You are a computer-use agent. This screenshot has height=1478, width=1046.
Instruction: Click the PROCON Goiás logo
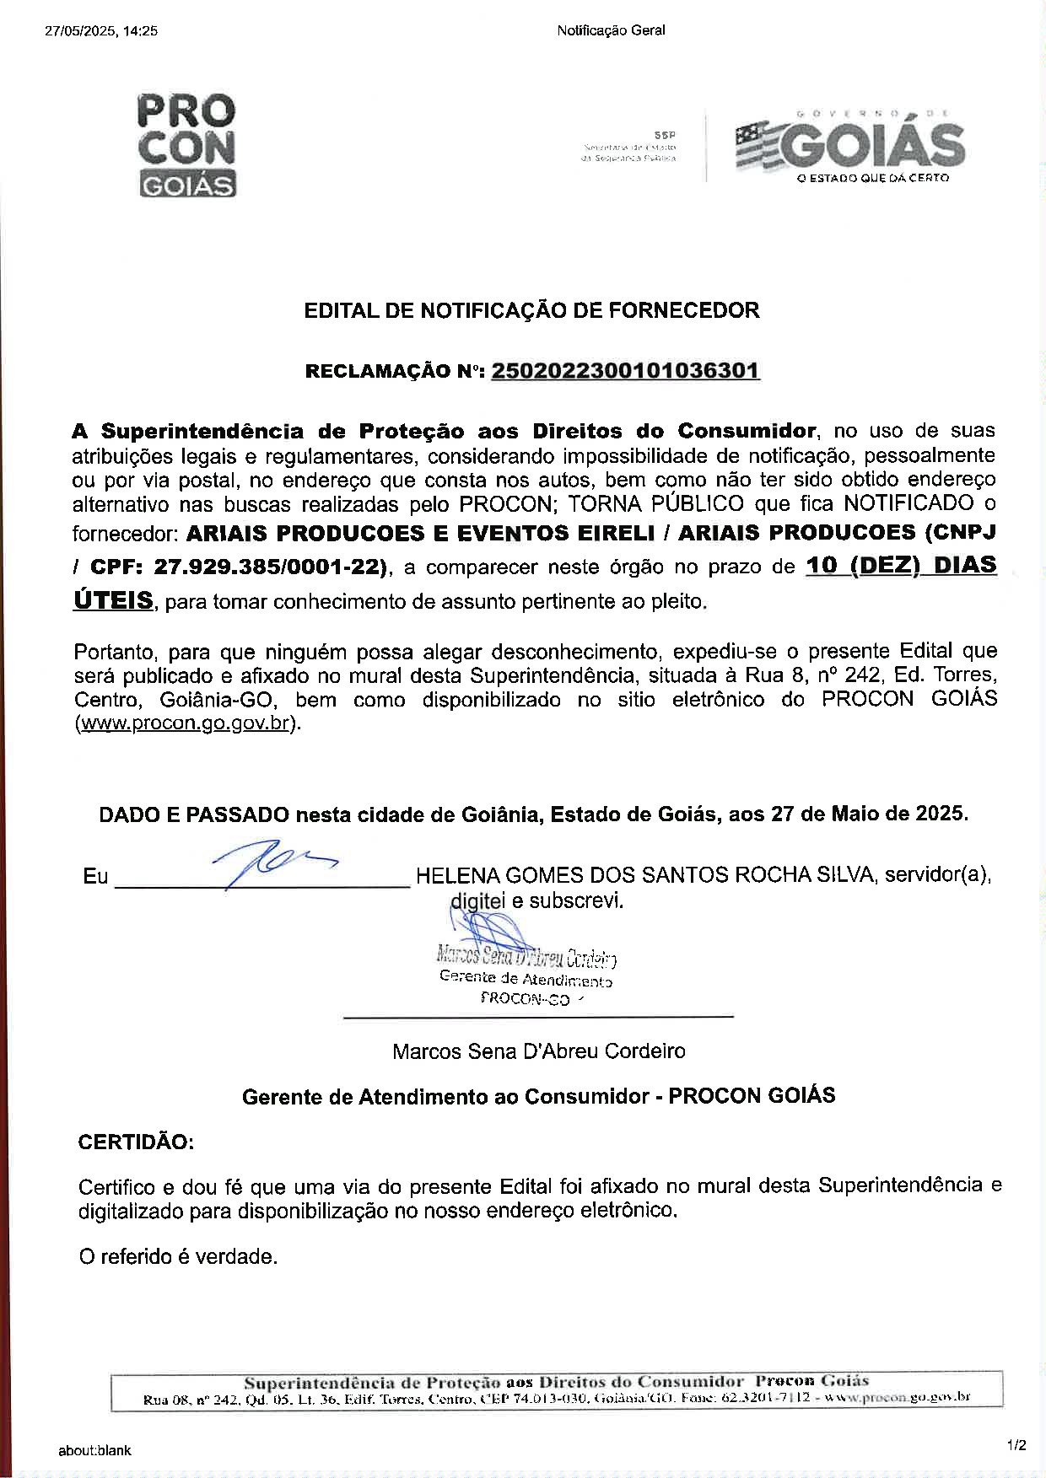186,145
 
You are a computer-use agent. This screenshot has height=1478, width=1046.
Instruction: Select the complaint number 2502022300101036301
625,371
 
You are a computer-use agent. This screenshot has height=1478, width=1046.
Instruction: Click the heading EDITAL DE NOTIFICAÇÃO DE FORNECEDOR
531,310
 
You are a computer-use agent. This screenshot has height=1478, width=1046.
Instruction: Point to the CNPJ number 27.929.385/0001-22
269,567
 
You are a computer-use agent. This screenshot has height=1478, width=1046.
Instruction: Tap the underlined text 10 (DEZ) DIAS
900,565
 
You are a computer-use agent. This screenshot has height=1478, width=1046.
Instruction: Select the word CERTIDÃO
136,1142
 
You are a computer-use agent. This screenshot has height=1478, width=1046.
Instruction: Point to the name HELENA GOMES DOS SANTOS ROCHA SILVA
646,875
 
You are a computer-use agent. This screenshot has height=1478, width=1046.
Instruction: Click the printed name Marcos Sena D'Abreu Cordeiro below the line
538,1051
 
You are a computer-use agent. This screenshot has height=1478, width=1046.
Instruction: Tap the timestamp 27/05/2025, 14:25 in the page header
100,31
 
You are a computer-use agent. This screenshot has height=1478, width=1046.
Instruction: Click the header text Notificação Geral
611,30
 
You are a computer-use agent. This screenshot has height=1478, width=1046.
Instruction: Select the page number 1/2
1016,1445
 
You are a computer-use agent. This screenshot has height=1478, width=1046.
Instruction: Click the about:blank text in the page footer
94,1450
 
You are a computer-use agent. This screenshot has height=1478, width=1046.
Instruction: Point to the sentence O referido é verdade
178,1257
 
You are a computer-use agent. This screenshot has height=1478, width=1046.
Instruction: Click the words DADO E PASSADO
194,814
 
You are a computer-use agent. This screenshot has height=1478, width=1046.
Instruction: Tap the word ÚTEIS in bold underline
113,600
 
